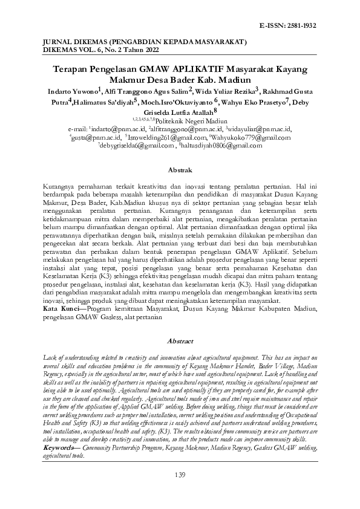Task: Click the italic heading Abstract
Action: [180, 342]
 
